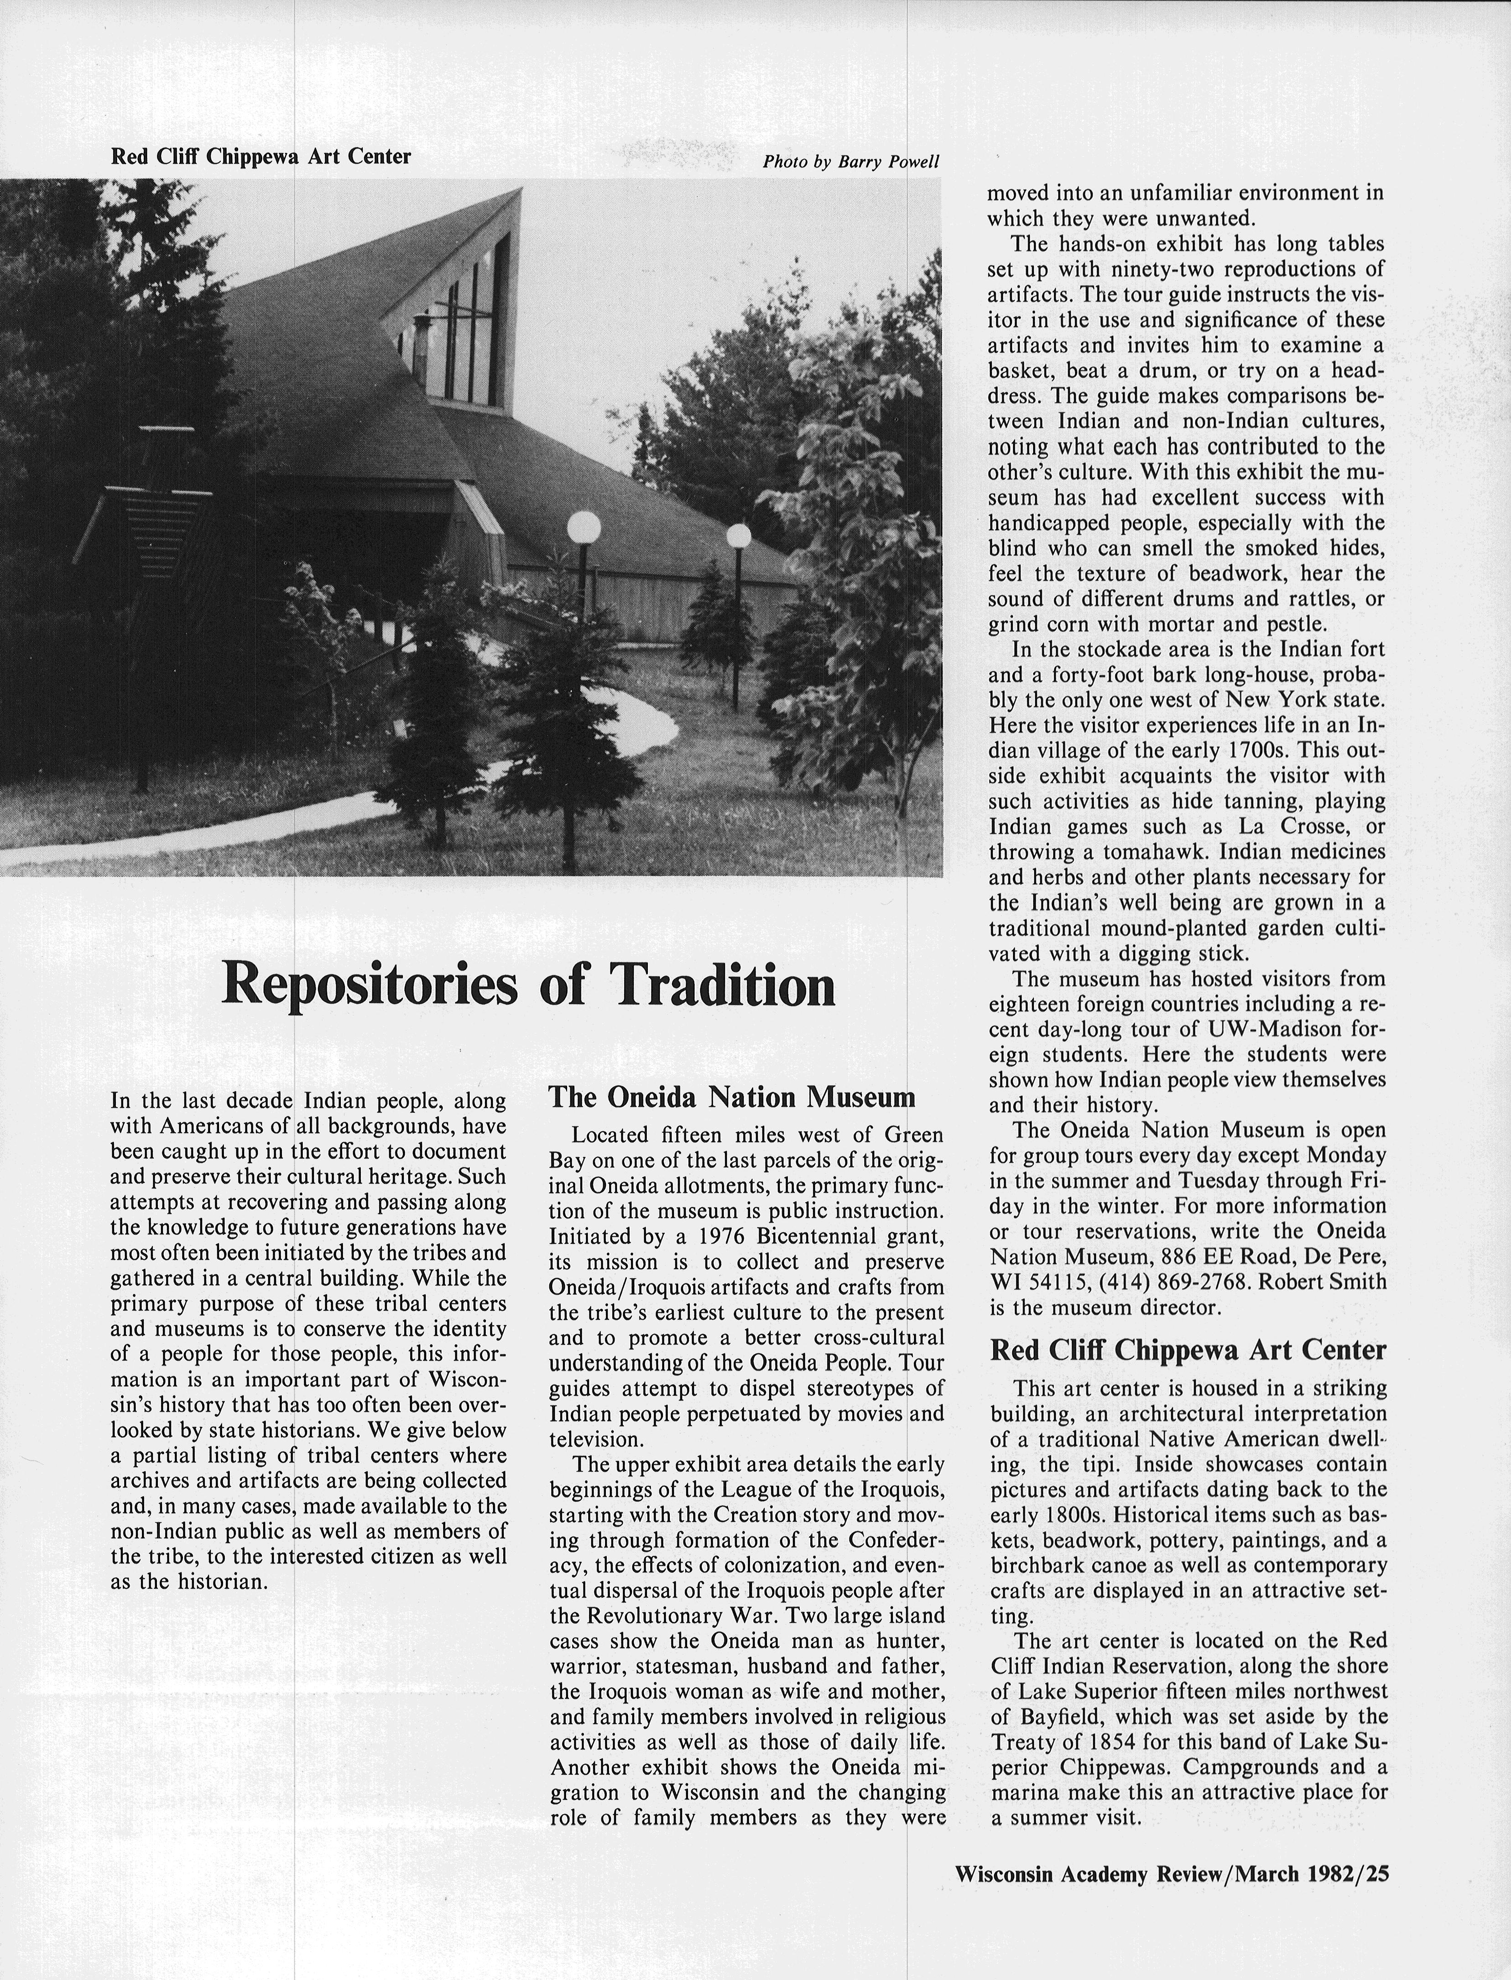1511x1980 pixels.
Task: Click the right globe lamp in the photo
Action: click(x=739, y=537)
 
